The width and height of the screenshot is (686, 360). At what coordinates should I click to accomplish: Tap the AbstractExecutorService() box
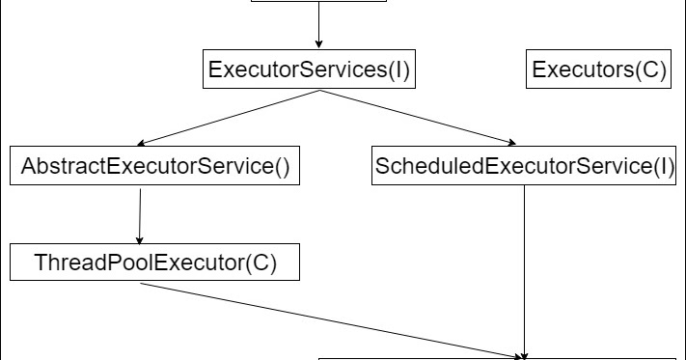pos(154,166)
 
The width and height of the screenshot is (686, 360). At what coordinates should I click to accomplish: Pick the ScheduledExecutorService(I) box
pos(524,166)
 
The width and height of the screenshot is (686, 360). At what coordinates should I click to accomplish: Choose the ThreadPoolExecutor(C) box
pos(154,262)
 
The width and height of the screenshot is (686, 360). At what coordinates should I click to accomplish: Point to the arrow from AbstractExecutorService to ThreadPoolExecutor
pos(141,215)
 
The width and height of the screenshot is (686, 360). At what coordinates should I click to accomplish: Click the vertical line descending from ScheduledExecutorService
pos(524,270)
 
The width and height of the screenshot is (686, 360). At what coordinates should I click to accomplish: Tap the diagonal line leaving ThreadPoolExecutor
pos(328,318)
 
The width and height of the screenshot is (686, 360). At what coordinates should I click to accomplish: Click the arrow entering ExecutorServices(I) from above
pos(317,25)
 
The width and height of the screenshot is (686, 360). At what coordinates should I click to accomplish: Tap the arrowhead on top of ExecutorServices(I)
pos(317,43)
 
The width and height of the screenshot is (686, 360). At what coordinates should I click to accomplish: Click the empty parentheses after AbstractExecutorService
pos(281,167)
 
